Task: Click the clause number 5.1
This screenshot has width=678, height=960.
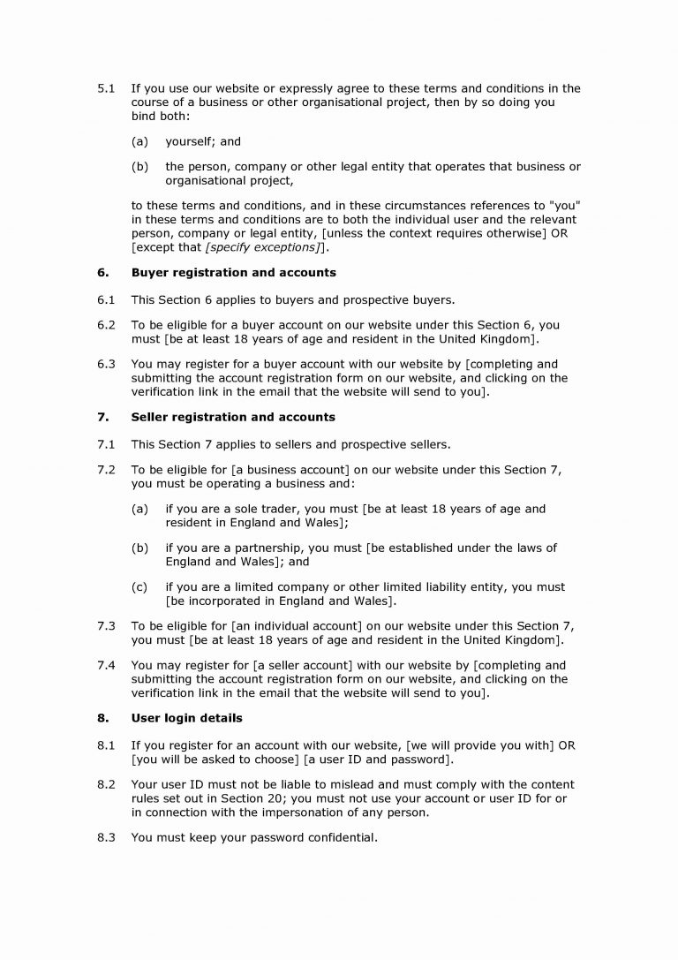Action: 105,88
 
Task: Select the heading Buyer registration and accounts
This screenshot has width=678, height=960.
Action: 233,273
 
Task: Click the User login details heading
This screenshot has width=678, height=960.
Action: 186,718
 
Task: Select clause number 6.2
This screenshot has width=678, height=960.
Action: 105,325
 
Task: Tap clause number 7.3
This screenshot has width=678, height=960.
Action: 105,625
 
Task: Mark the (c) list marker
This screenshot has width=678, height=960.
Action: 139,586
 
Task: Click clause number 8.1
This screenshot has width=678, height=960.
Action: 105,746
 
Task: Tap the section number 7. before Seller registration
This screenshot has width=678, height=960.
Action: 102,417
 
